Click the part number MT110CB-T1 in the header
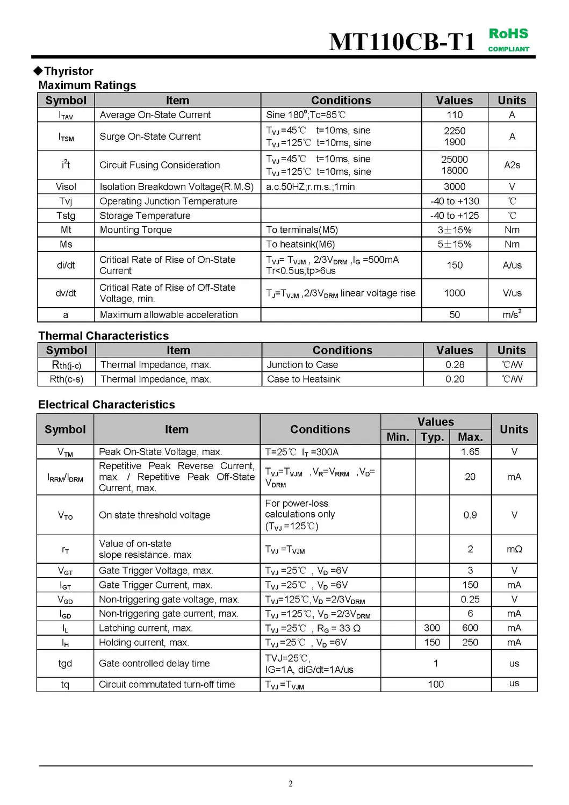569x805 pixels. point(402,41)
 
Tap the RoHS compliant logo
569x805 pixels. point(508,40)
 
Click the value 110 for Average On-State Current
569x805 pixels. point(455,114)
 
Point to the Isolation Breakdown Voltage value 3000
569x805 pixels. point(455,186)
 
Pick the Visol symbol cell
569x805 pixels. point(66,186)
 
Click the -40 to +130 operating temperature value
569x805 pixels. point(455,201)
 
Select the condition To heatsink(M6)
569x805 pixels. point(300,244)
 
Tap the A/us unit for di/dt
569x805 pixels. point(512,265)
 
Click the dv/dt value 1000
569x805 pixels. point(455,293)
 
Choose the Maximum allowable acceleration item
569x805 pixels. point(169,314)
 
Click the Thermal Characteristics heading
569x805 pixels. point(103,336)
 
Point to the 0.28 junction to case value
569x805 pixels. point(455,364)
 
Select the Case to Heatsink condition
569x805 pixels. point(304,379)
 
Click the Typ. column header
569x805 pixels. point(432,437)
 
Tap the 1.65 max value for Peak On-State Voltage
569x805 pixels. point(470,451)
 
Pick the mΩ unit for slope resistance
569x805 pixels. point(514,549)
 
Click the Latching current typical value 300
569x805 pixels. point(432,628)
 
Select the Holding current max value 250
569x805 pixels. point(470,642)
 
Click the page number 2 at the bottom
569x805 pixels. point(291,784)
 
